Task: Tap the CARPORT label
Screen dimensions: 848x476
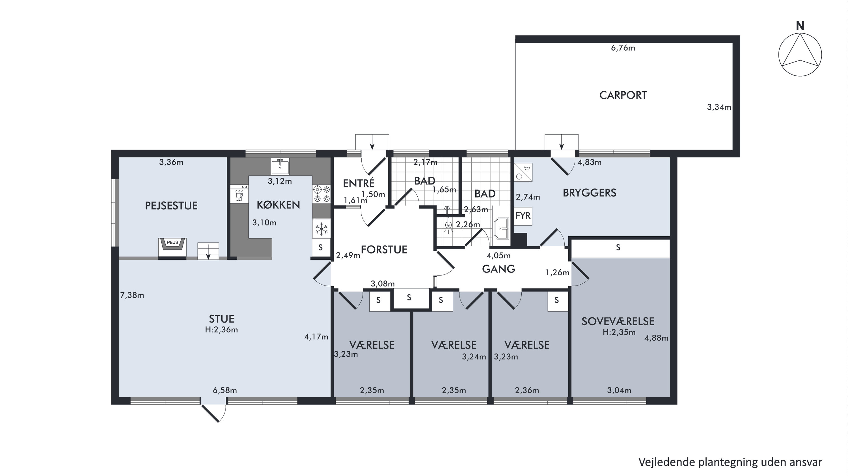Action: click(623, 96)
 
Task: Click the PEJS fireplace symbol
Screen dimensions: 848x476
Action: click(172, 247)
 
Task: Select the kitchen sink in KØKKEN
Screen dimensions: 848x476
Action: click(280, 166)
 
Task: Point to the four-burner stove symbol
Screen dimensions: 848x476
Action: click(321, 194)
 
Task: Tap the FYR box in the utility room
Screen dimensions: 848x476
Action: click(523, 216)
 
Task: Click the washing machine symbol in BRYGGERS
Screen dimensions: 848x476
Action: click(523, 172)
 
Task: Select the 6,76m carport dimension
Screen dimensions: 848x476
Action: click(623, 48)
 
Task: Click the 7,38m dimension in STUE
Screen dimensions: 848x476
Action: click(132, 295)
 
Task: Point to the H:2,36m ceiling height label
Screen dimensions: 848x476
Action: click(222, 330)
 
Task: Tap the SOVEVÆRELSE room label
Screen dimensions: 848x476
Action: click(618, 321)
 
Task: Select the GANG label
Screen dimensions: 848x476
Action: click(499, 269)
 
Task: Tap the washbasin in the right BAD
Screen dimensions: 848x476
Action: click(501, 228)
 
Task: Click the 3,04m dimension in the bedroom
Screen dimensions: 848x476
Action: click(619, 390)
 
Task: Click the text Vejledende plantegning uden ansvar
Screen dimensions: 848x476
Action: click(730, 462)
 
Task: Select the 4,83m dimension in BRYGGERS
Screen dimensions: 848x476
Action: click(590, 162)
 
